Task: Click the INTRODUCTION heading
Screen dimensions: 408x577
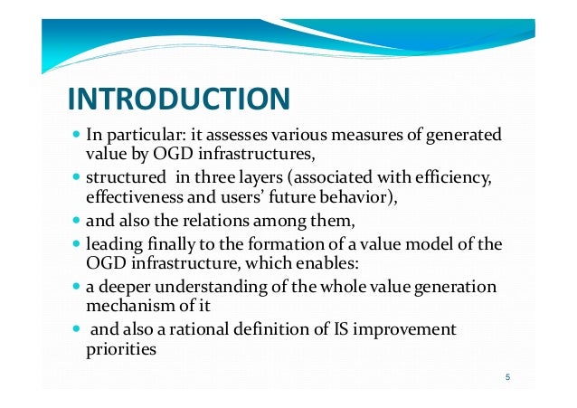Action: [x=178, y=98]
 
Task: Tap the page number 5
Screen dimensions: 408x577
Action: [x=508, y=377]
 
